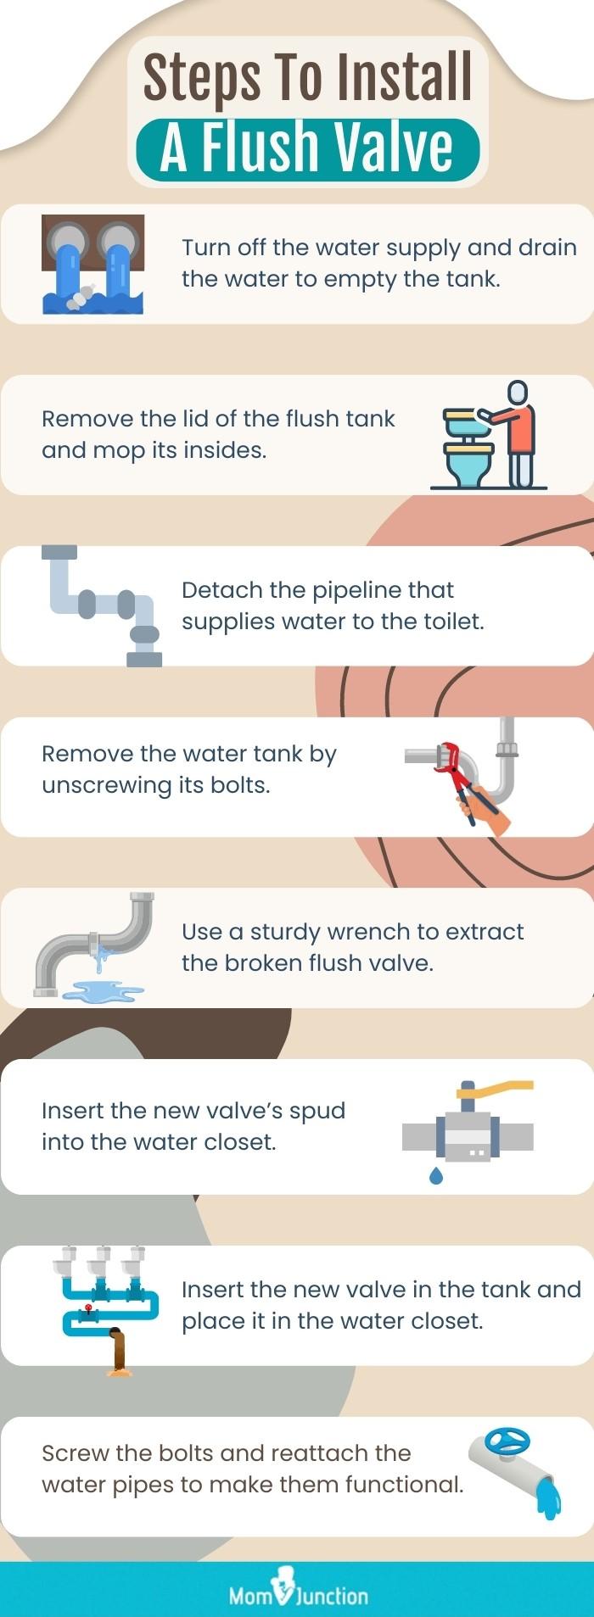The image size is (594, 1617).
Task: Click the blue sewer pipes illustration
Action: [x=92, y=264]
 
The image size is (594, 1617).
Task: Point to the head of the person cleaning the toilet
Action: [x=517, y=393]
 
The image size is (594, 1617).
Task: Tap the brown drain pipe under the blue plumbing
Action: [x=119, y=1352]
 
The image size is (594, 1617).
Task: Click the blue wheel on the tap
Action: [x=507, y=1441]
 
